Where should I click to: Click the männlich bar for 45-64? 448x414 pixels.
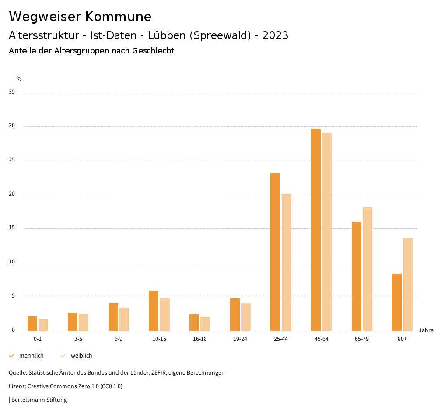(x=316, y=230)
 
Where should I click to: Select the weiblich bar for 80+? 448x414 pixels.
(x=408, y=284)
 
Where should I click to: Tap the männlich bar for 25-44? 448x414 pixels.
(x=275, y=252)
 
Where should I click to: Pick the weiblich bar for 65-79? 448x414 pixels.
(x=367, y=269)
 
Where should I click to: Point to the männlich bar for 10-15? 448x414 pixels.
(x=154, y=311)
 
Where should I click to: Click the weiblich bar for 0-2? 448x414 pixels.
(x=43, y=325)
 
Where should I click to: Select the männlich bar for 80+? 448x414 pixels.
(x=397, y=302)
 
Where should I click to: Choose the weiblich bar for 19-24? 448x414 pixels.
(x=246, y=317)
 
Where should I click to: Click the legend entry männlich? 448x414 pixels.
(x=31, y=356)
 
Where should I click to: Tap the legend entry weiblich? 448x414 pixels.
(x=81, y=356)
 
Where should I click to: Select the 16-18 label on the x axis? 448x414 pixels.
(x=199, y=339)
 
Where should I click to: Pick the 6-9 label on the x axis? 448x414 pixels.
(x=119, y=339)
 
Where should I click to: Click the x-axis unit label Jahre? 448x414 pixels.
(x=426, y=330)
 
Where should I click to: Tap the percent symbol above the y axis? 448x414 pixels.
(x=19, y=79)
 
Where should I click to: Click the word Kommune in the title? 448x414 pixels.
(x=118, y=17)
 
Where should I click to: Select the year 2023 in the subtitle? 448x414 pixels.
(x=275, y=35)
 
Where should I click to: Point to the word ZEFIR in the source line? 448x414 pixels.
(x=160, y=373)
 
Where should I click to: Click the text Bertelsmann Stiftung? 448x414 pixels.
(x=39, y=400)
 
